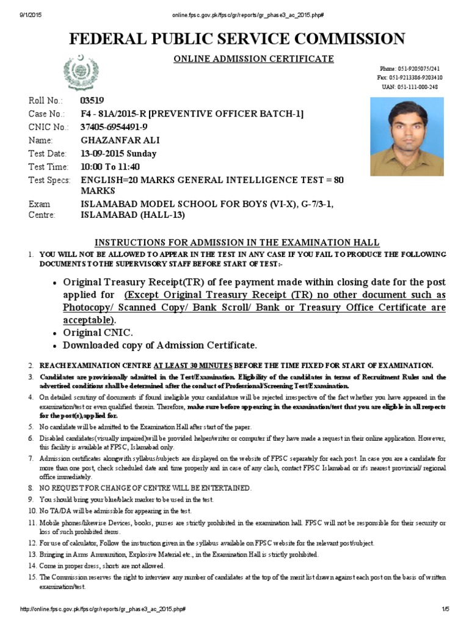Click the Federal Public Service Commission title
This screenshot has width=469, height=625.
point(236,40)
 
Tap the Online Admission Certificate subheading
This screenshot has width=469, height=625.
point(245,59)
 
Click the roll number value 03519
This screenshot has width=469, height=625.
point(92,101)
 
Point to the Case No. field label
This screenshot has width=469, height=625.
point(46,114)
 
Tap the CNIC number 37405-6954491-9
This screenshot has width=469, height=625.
point(114,127)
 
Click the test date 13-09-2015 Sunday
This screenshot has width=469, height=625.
point(118,154)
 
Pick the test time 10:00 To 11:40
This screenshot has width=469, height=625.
point(111,167)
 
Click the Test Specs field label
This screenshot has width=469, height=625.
point(49,180)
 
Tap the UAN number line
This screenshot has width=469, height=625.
point(418,87)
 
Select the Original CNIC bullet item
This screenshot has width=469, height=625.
point(98,333)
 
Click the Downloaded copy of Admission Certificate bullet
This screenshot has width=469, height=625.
point(160,345)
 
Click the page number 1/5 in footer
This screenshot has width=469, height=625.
point(445,610)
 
